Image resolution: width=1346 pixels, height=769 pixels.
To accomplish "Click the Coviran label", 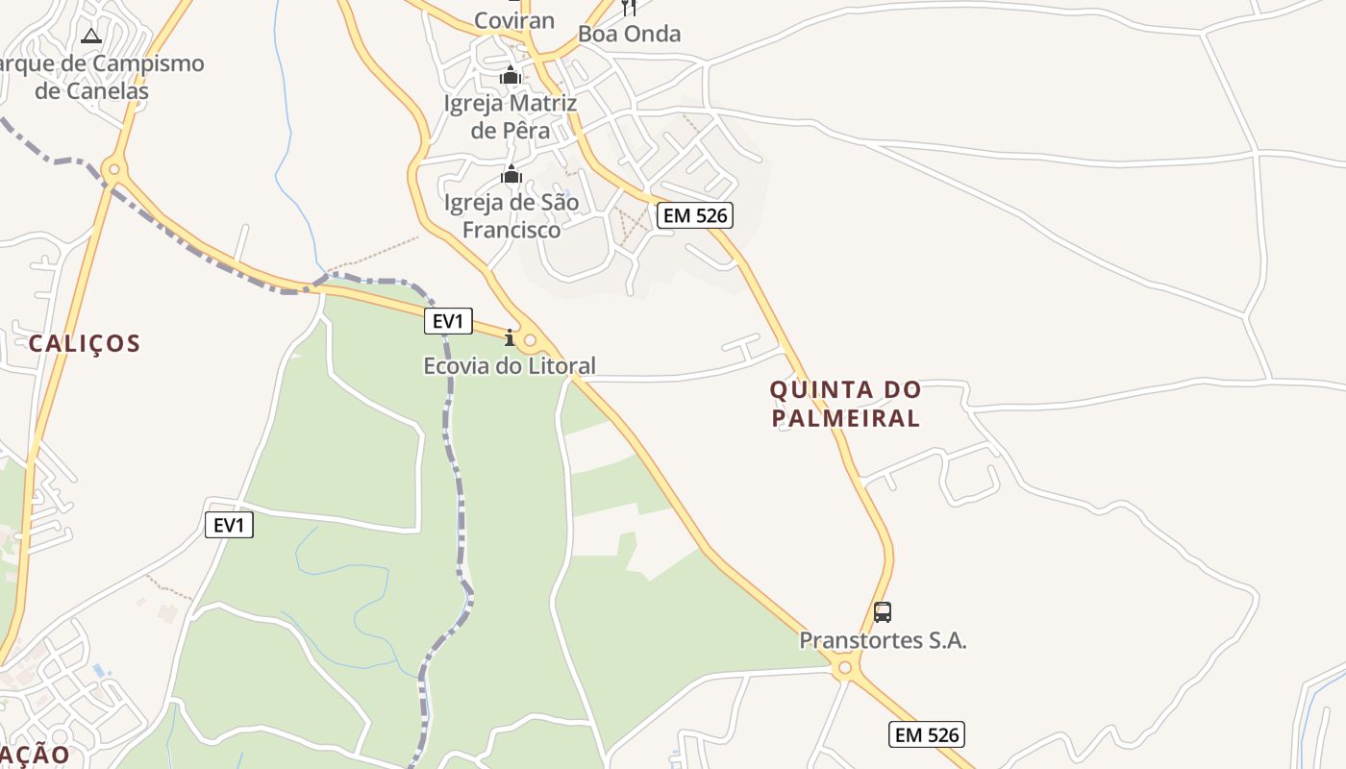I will click(514, 21).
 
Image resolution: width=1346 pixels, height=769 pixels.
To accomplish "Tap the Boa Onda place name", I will click(629, 35).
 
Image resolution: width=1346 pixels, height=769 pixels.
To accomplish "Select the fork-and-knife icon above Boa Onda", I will click(629, 7).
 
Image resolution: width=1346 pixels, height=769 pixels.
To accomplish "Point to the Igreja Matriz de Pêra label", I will click(510, 116).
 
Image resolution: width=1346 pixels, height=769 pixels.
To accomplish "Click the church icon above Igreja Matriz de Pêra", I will click(510, 75).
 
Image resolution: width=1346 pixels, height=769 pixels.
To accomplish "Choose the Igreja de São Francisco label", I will click(511, 216).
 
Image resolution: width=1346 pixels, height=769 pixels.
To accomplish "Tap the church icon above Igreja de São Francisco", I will click(511, 175).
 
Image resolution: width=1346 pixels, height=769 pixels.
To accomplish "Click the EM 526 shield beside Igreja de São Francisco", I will click(695, 215).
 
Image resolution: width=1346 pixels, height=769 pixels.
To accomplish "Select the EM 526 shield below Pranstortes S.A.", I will click(926, 734).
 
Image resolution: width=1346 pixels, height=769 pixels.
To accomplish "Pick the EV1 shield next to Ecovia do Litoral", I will click(448, 321).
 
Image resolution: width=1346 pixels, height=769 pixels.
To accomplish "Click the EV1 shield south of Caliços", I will click(229, 525).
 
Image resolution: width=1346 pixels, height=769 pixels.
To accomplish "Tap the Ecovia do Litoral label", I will click(510, 366).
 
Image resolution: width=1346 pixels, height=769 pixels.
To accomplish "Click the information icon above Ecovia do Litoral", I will click(510, 337).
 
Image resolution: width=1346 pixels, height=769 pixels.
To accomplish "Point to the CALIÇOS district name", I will click(85, 343).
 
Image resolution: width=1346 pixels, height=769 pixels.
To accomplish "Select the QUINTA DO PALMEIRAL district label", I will click(845, 404).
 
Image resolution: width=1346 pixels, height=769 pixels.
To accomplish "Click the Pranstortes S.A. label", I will click(883, 640).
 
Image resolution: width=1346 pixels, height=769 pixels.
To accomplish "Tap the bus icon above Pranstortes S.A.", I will click(882, 611).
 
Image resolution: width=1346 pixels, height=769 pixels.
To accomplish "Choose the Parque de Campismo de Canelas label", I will click(96, 78).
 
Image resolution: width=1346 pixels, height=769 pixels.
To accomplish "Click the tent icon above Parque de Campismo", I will click(91, 37).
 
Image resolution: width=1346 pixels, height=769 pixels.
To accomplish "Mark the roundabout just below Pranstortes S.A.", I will click(845, 667).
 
